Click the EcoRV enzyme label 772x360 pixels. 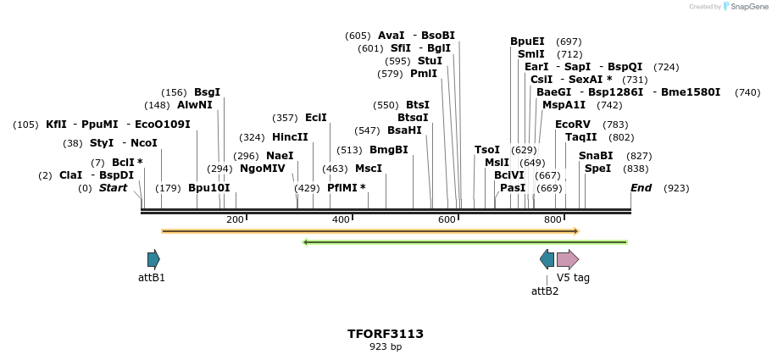click(x=572, y=125)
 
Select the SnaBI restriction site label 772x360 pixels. click(x=596, y=156)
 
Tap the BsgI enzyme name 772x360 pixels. click(x=207, y=92)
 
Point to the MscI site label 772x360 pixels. click(x=369, y=169)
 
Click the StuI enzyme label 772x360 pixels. click(x=430, y=61)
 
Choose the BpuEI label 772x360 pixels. click(x=527, y=42)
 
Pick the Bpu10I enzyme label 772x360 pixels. click(x=208, y=188)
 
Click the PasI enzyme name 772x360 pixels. click(x=513, y=188)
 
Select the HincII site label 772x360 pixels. click(x=290, y=137)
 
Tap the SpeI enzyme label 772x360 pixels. click(x=597, y=169)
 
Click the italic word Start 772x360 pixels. click(x=113, y=188)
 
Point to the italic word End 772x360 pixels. click(x=641, y=188)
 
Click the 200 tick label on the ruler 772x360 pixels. click(x=235, y=220)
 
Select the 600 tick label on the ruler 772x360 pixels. click(x=447, y=220)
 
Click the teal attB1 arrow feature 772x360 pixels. click(x=153, y=259)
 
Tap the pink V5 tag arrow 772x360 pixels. click(x=567, y=259)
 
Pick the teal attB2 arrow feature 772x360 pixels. click(x=547, y=259)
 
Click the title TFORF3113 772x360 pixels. click(x=386, y=334)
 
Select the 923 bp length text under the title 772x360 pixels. click(x=386, y=346)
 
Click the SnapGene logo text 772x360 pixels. click(x=743, y=7)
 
